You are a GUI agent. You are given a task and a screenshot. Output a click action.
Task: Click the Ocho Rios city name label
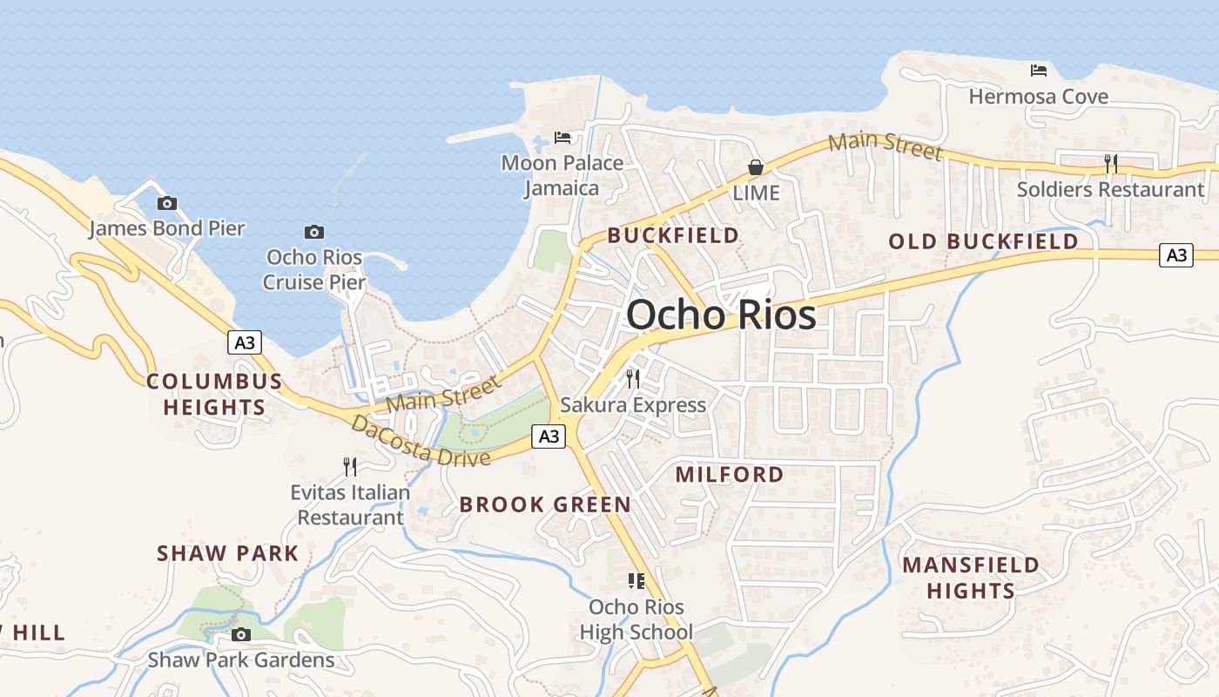721,315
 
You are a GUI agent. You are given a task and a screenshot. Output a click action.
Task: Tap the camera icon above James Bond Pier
166,204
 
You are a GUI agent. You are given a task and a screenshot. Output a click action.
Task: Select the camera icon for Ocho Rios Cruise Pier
314,232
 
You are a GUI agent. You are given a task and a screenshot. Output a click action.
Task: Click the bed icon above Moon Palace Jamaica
562,138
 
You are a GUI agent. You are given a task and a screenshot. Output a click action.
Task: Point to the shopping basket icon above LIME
756,167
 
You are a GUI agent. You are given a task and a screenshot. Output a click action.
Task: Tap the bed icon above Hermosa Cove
1038,71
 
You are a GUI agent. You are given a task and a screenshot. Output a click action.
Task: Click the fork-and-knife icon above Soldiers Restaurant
1110,163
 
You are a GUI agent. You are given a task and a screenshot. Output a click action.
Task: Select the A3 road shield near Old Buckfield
1176,255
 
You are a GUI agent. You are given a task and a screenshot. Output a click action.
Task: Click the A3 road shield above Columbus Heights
246,342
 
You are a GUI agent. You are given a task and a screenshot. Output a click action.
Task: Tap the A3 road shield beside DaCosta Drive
549,436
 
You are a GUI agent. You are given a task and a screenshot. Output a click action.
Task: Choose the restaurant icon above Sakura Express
633,379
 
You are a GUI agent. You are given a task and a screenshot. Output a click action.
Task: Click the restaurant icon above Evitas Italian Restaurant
350,467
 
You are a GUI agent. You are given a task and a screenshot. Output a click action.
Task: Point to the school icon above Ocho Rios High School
636,581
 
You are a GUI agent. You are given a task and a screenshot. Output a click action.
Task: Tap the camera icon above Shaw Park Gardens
241,634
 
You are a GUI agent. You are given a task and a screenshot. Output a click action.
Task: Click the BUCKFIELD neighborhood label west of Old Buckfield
673,235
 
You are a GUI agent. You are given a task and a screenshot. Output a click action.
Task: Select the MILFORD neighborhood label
730,475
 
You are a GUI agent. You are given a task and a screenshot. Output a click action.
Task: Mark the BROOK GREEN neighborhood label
545,504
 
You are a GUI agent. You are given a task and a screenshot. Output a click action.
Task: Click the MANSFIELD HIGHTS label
971,578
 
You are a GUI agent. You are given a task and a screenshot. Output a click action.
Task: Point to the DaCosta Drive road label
421,441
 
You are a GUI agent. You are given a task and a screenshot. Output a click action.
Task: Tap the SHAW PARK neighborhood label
228,553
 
